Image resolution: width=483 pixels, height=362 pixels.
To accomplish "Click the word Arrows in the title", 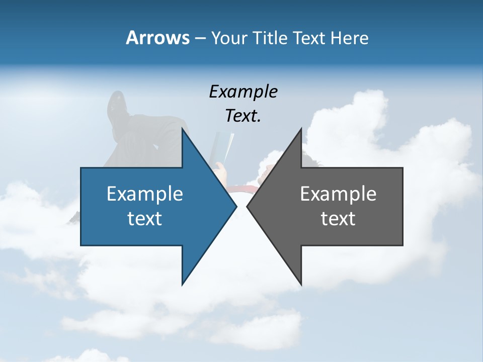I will pyautogui.click(x=157, y=38).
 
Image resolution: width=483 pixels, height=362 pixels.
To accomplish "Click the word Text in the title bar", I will pyautogui.click(x=309, y=38).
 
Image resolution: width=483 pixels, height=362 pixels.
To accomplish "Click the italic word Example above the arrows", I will pyautogui.click(x=243, y=92).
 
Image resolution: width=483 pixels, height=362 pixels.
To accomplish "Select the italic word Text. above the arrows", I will pyautogui.click(x=243, y=116).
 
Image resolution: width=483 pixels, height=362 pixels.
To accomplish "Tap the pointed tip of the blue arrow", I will pyautogui.click(x=236, y=206).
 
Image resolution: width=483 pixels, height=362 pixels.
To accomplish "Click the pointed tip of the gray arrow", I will pyautogui.click(x=247, y=206).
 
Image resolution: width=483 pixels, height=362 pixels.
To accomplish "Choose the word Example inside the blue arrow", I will pyautogui.click(x=144, y=194).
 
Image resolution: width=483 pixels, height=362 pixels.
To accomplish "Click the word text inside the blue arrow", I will pyautogui.click(x=144, y=219).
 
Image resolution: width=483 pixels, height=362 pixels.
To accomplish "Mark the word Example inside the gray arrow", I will pyautogui.click(x=338, y=194).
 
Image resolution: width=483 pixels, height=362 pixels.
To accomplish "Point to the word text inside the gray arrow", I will pyautogui.click(x=338, y=219).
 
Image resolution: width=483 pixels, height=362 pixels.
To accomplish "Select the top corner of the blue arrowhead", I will pyautogui.click(x=182, y=128).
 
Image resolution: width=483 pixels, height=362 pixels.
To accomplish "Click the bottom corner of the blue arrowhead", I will pyautogui.click(x=182, y=285).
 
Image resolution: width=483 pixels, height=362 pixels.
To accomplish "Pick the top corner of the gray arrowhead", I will pyautogui.click(x=301, y=128).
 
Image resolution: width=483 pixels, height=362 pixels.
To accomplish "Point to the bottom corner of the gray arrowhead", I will pyautogui.click(x=301, y=285).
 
